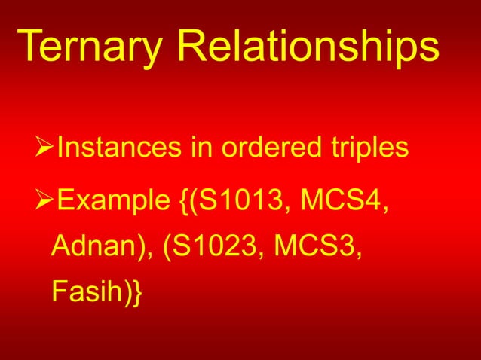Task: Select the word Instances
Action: (117, 148)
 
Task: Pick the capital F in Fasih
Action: (59, 290)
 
